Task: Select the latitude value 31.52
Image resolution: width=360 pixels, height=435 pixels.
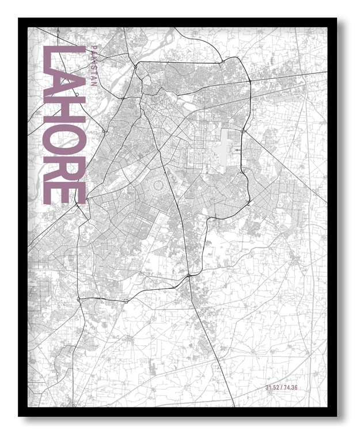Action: pos(273,387)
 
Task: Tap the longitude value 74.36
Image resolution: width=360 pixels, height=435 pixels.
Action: pos(291,387)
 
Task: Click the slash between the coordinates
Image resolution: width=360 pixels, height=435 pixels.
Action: pos(282,387)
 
